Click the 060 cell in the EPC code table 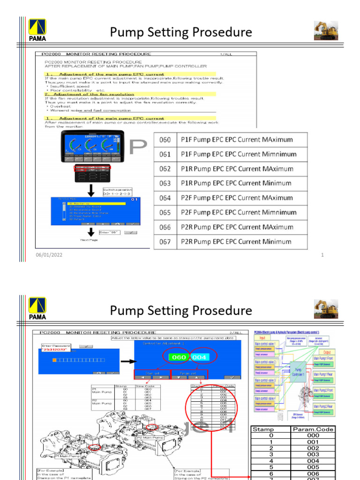click(x=165, y=140)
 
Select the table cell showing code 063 click(x=165, y=183)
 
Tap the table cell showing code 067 click(x=165, y=242)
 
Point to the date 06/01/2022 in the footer click(x=49, y=255)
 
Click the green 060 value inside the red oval click(x=178, y=357)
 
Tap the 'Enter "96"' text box click(x=110, y=232)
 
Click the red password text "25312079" click(x=54, y=349)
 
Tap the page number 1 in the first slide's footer click(x=322, y=255)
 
